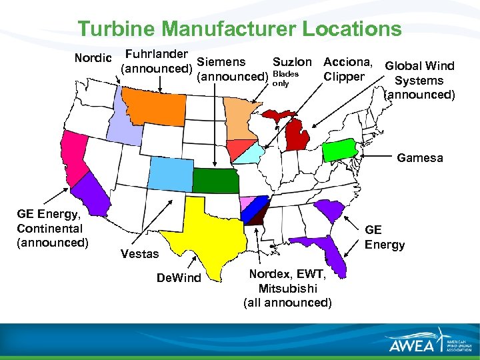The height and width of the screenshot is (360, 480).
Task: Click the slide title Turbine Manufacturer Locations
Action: point(239,29)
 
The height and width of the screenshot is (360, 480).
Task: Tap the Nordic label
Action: point(93,58)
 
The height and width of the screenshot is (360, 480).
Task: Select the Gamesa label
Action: point(419,158)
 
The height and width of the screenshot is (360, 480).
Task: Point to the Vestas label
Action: point(139,253)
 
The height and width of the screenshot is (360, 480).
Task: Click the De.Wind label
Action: point(178,277)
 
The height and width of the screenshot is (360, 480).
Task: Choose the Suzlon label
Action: point(292,63)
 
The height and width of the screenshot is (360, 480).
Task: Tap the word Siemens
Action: point(221,62)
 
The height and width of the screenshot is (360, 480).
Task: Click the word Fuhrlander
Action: point(156,53)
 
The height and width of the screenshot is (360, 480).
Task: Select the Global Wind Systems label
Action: point(419,80)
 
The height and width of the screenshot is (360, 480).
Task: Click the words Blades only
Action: point(285,79)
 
